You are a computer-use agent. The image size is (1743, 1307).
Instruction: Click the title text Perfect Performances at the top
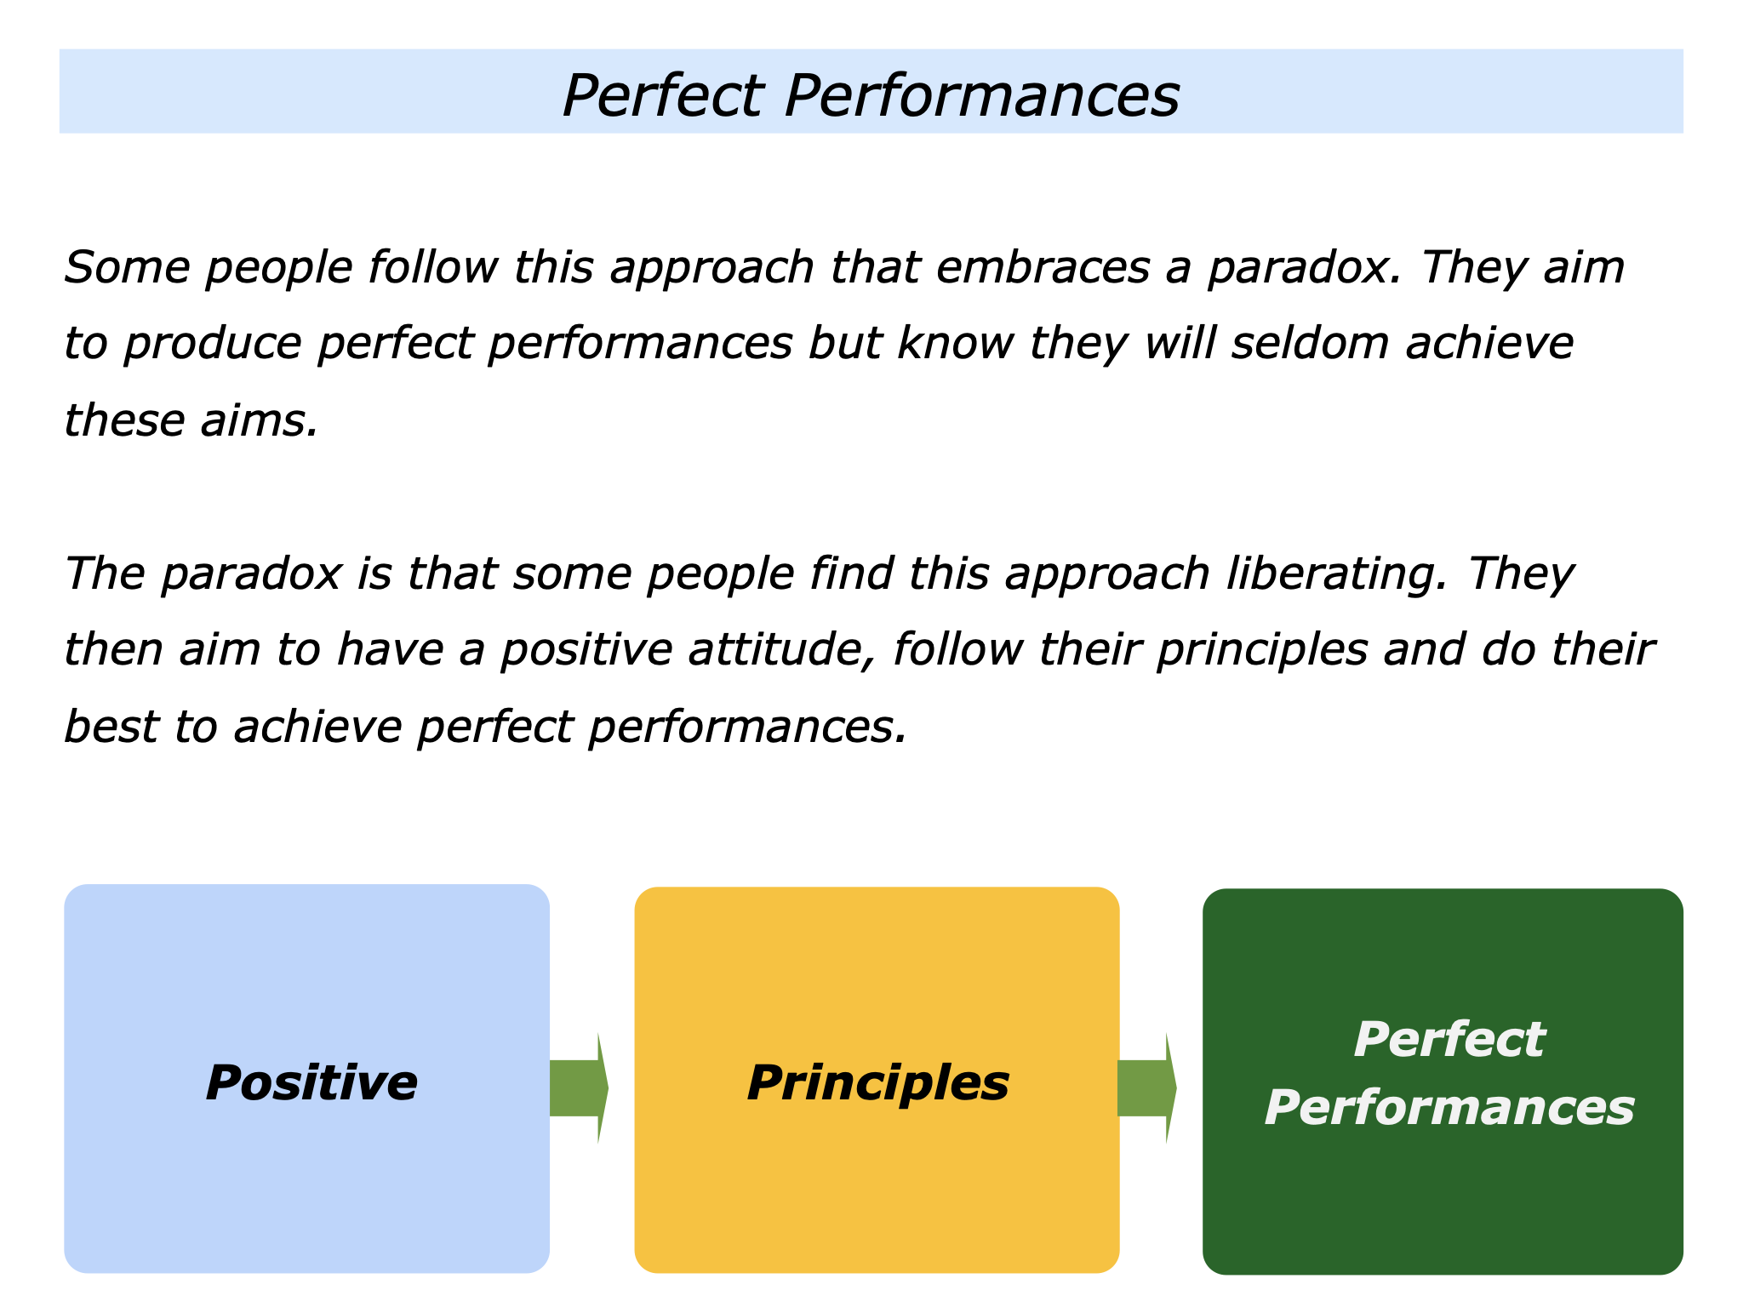[x=871, y=94]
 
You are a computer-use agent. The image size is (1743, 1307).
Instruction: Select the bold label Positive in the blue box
[x=311, y=1082]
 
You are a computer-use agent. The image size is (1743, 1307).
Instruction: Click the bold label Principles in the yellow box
[x=878, y=1084]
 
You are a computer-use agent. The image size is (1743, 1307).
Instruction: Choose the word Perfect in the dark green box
[x=1449, y=1039]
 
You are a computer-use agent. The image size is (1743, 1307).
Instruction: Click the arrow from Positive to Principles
[x=579, y=1088]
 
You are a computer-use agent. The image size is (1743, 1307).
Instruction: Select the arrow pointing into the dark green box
[x=1146, y=1088]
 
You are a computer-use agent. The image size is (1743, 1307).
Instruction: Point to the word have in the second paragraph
[x=391, y=649]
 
